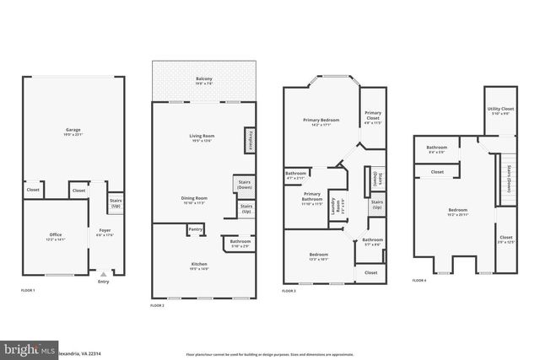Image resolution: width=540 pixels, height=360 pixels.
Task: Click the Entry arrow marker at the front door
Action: click(x=104, y=274)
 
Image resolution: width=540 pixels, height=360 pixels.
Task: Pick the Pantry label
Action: click(x=195, y=228)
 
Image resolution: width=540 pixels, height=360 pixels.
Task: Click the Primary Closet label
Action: click(x=372, y=116)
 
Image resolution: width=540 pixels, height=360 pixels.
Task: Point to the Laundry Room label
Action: click(x=336, y=206)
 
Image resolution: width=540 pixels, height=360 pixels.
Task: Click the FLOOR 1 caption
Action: click(x=28, y=290)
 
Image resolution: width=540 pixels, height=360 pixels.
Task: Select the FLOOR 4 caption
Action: click(x=419, y=280)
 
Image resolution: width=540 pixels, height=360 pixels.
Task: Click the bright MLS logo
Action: click(x=26, y=348)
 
